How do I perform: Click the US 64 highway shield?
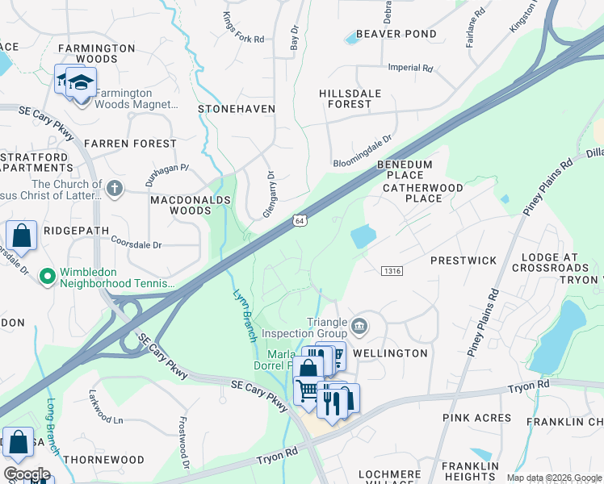pos(300,220)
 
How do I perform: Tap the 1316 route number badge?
pos(392,271)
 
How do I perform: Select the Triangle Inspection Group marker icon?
pos(360,327)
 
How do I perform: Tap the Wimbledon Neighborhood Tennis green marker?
pos(48,277)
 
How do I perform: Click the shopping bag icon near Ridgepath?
pos(22,236)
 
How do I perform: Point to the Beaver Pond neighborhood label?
pos(396,34)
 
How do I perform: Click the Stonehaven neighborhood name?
pos(237,108)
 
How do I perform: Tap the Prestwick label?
pos(463,261)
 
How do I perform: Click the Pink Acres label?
pos(476,418)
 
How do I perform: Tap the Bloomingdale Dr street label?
pos(362,150)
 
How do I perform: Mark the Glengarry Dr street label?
pos(269,194)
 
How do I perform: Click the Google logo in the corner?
pos(27,474)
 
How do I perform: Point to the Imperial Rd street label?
pos(410,69)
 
